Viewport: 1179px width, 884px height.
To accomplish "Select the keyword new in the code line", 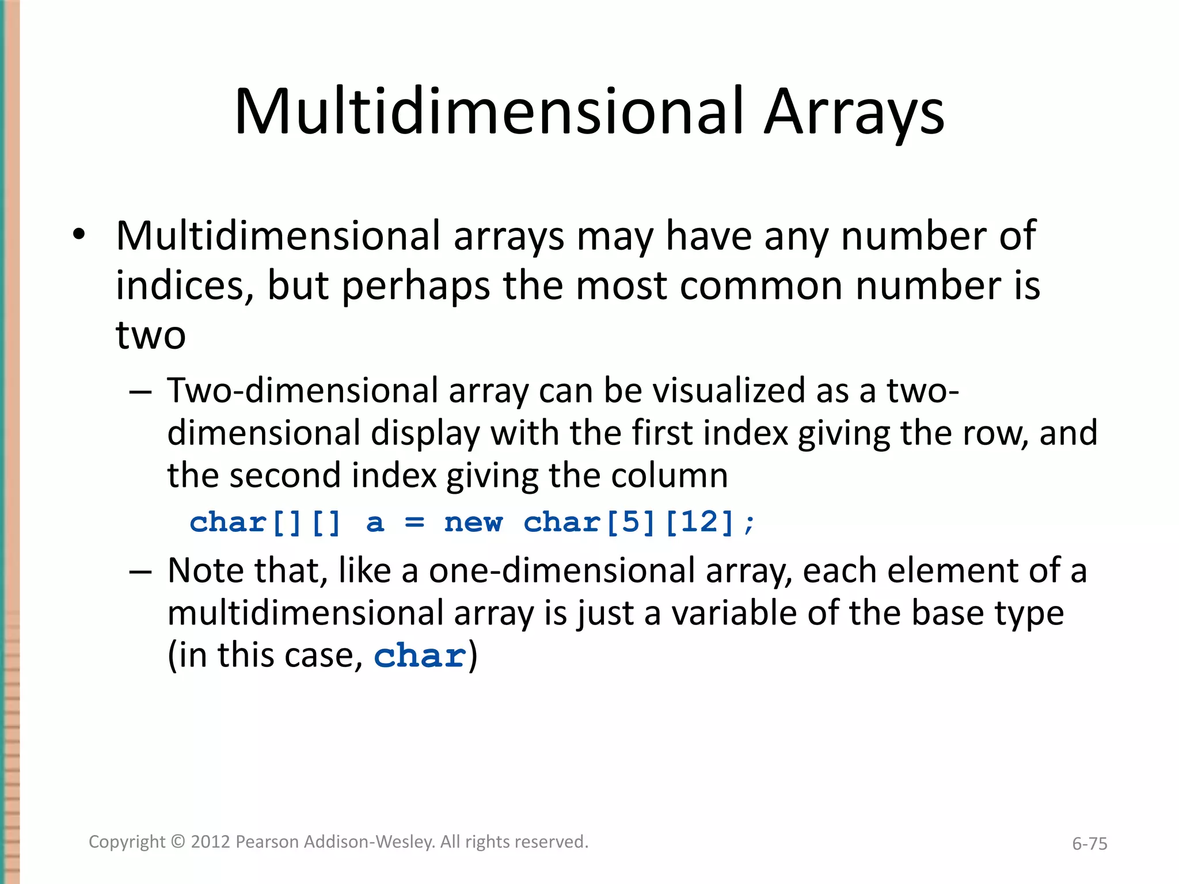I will (473, 523).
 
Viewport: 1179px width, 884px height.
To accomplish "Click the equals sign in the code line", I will (414, 523).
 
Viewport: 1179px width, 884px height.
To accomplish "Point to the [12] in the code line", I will (699, 523).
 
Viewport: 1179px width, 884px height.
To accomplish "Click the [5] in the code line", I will (630, 523).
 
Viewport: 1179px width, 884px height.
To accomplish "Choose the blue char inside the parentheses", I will (420, 656).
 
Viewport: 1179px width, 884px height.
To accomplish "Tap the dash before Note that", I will (140, 571).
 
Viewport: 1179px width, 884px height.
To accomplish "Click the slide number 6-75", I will (1089, 844).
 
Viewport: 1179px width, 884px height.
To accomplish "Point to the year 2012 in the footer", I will (211, 842).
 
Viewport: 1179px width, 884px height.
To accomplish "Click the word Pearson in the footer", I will (267, 842).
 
